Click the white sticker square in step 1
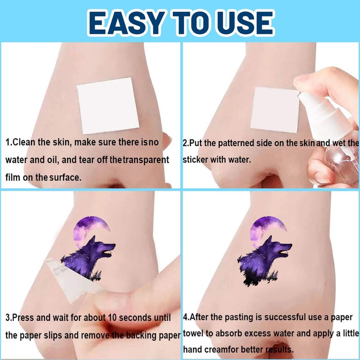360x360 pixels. pyautogui.click(x=108, y=106)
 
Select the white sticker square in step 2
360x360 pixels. pyautogui.click(x=275, y=110)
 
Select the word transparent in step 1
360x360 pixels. pyautogui.click(x=146, y=160)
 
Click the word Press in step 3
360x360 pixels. pyautogui.click(x=23, y=318)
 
